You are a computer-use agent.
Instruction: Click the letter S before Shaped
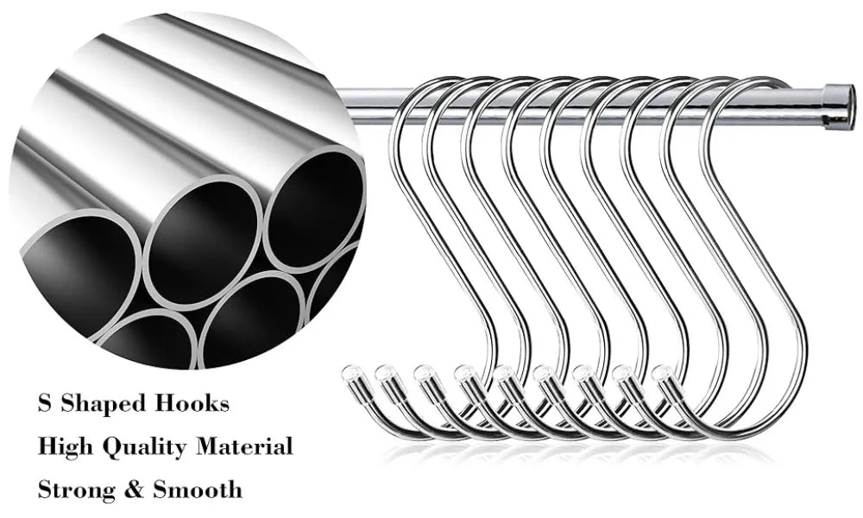tap(44, 403)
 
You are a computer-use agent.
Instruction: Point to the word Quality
tap(148, 448)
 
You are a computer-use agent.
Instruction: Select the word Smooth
tap(198, 490)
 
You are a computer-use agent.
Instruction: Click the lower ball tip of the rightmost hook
tap(661, 373)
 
